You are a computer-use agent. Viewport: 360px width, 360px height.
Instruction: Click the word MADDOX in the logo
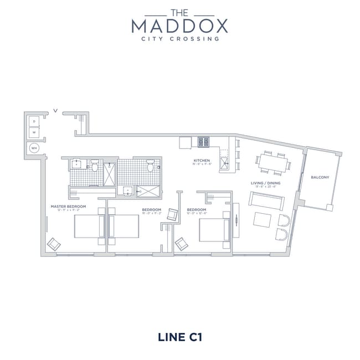point(179,25)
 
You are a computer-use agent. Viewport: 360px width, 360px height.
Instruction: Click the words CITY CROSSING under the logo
point(179,39)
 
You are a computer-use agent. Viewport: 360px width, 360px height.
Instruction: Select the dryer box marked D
point(34,121)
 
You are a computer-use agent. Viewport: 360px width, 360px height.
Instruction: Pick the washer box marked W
point(34,133)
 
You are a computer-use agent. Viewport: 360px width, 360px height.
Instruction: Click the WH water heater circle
point(34,148)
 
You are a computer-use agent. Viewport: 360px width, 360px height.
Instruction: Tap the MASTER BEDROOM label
point(65,207)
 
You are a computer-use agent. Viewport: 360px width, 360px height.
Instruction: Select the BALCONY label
point(320,177)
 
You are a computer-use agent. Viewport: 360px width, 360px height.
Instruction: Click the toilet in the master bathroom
point(95,166)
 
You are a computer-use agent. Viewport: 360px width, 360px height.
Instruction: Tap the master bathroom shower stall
point(109,172)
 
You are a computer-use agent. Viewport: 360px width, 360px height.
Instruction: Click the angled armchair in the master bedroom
point(55,244)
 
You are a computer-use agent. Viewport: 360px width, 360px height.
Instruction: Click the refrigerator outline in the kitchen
point(184,142)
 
